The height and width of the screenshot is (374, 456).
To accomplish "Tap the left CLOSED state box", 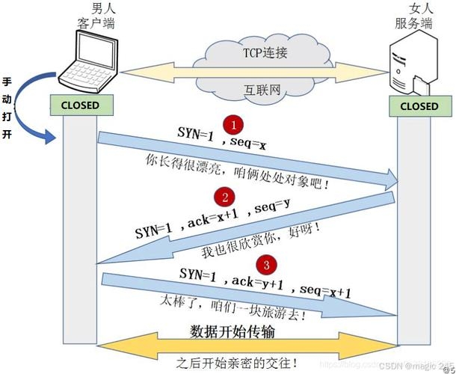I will [80, 105].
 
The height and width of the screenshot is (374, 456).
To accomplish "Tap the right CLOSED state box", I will [419, 106].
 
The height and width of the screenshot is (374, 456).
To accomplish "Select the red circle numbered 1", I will [233, 124].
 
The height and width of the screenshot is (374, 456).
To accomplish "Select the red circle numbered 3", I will [264, 264].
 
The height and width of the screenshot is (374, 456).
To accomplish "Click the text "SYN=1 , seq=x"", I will [221, 138].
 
